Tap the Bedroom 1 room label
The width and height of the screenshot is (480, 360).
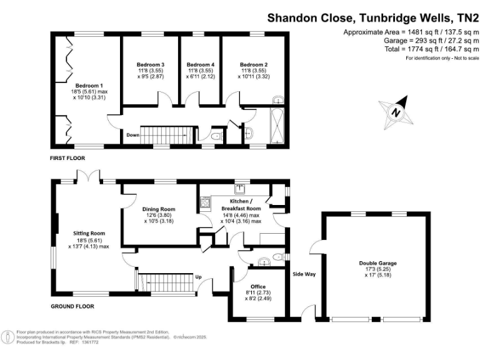(89, 86)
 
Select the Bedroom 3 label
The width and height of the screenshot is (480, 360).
(150, 64)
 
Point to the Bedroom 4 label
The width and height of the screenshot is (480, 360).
(200, 64)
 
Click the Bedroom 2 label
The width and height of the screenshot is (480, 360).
(254, 64)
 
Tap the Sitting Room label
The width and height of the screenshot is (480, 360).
(89, 233)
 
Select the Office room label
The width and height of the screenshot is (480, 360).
(257, 287)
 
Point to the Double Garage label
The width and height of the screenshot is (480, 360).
(378, 263)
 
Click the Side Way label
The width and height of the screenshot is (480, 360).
(305, 274)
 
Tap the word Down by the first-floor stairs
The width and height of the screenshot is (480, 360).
(132, 134)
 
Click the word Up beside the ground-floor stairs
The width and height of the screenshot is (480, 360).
(199, 277)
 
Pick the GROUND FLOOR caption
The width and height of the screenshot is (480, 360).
(72, 306)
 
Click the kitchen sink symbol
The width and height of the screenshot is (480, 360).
(240, 187)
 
